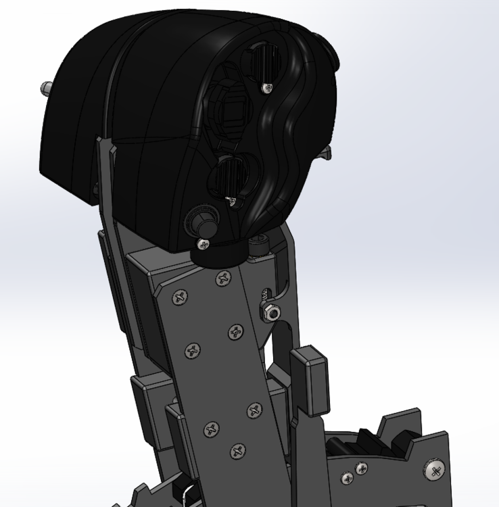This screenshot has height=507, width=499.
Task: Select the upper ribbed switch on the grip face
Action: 259,64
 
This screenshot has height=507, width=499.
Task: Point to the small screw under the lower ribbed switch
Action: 232,200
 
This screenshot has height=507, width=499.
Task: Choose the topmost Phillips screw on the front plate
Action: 222,279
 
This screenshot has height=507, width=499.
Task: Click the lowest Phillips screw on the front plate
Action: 237,450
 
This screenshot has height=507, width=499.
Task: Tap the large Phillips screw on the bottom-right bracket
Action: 434,468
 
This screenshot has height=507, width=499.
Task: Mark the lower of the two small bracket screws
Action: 348,479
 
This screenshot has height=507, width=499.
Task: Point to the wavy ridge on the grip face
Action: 279,155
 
